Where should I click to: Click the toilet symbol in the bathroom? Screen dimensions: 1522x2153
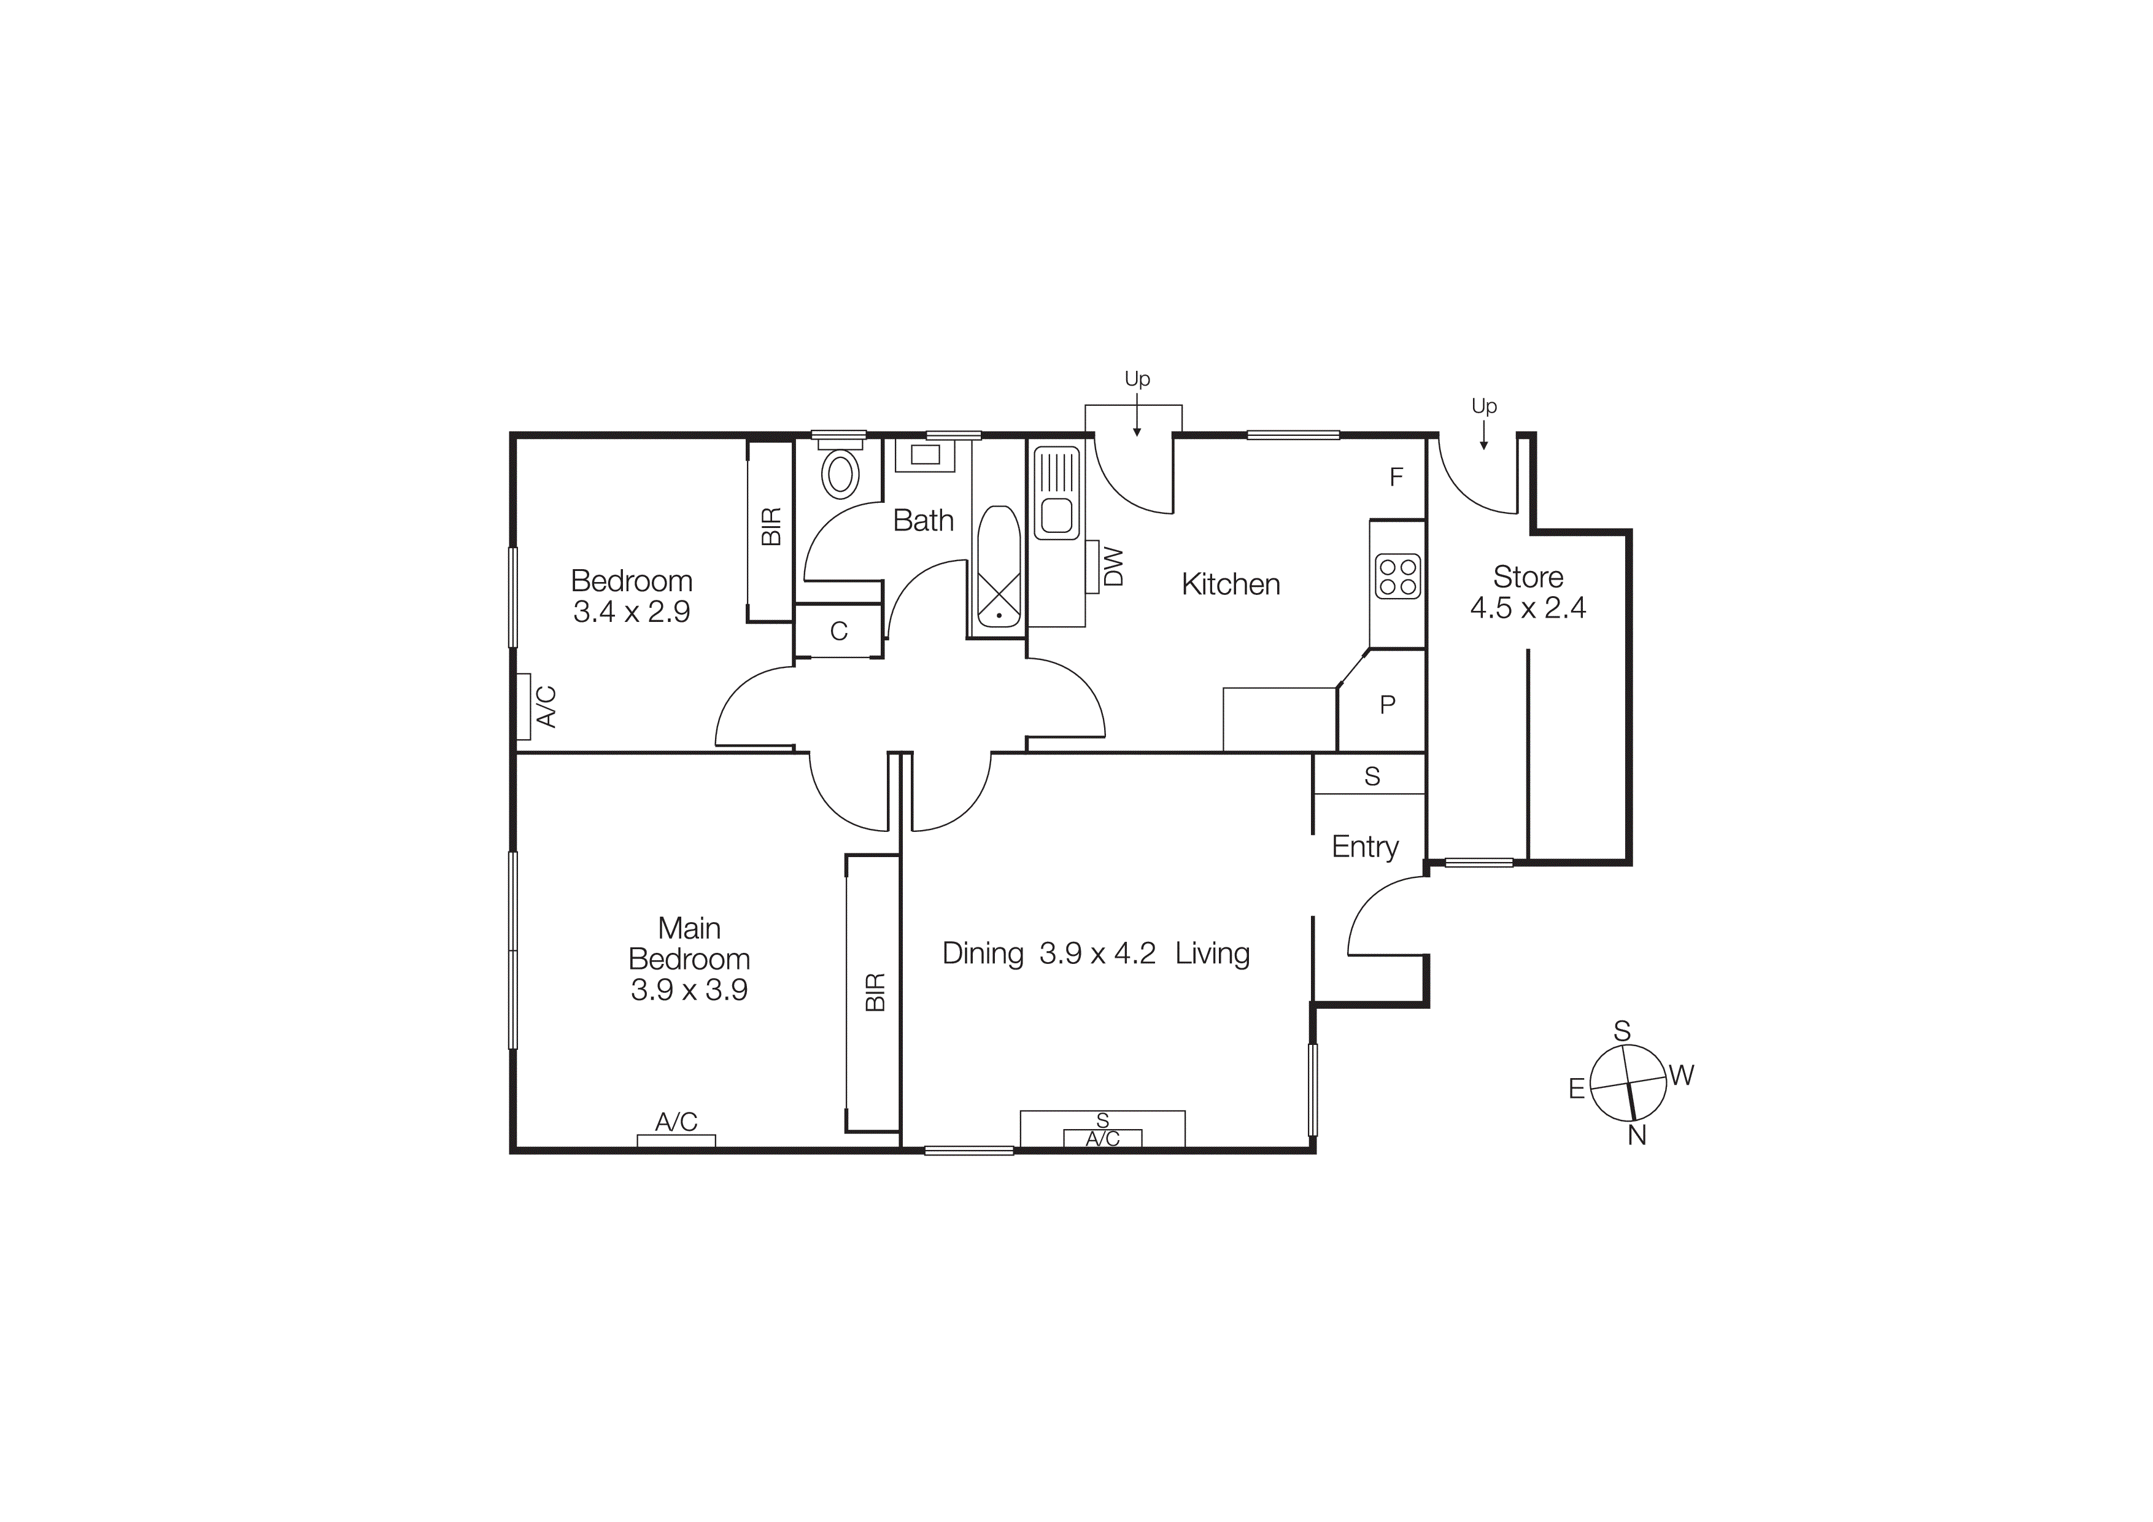point(840,473)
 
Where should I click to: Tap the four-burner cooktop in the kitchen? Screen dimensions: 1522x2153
point(1397,577)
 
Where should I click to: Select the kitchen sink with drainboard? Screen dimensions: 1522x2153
point(1057,493)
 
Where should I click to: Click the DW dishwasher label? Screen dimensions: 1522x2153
point(1114,567)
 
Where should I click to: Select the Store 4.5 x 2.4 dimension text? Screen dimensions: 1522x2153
point(1528,608)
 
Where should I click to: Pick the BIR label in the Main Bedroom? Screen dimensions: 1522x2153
point(874,992)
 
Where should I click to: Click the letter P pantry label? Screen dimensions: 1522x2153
point(1388,704)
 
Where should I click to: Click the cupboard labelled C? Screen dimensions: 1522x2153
point(838,631)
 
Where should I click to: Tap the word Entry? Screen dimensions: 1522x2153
point(1364,847)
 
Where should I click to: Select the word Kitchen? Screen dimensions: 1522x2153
point(1231,584)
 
